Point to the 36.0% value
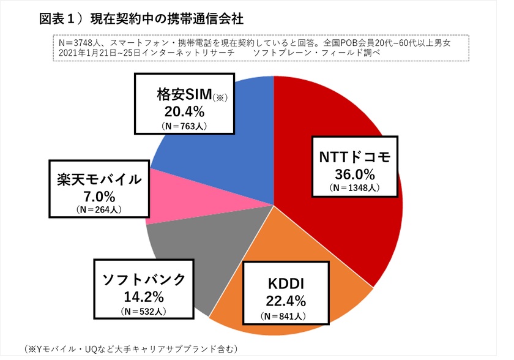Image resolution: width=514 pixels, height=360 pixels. coord(354,173)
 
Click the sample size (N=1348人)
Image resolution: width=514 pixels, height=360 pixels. coord(355,187)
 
